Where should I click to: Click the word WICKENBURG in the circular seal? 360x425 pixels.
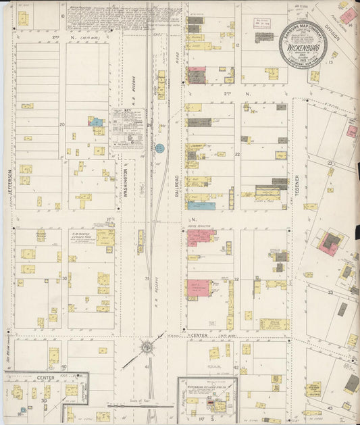click(303, 50)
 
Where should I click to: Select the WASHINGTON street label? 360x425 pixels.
click(126, 180)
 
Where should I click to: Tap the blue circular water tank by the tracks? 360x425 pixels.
click(159, 147)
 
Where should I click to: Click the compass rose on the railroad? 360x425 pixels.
click(147, 347)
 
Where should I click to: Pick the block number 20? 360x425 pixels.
click(62, 124)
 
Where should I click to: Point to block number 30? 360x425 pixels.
click(65, 278)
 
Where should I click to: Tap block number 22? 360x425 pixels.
click(237, 154)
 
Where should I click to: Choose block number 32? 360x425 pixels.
click(236, 278)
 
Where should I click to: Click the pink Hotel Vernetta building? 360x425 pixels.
click(201, 236)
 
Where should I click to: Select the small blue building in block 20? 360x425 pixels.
click(97, 122)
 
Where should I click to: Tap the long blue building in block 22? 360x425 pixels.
click(201, 205)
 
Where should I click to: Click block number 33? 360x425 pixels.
click(330, 292)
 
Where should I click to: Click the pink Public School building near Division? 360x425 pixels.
click(349, 15)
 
